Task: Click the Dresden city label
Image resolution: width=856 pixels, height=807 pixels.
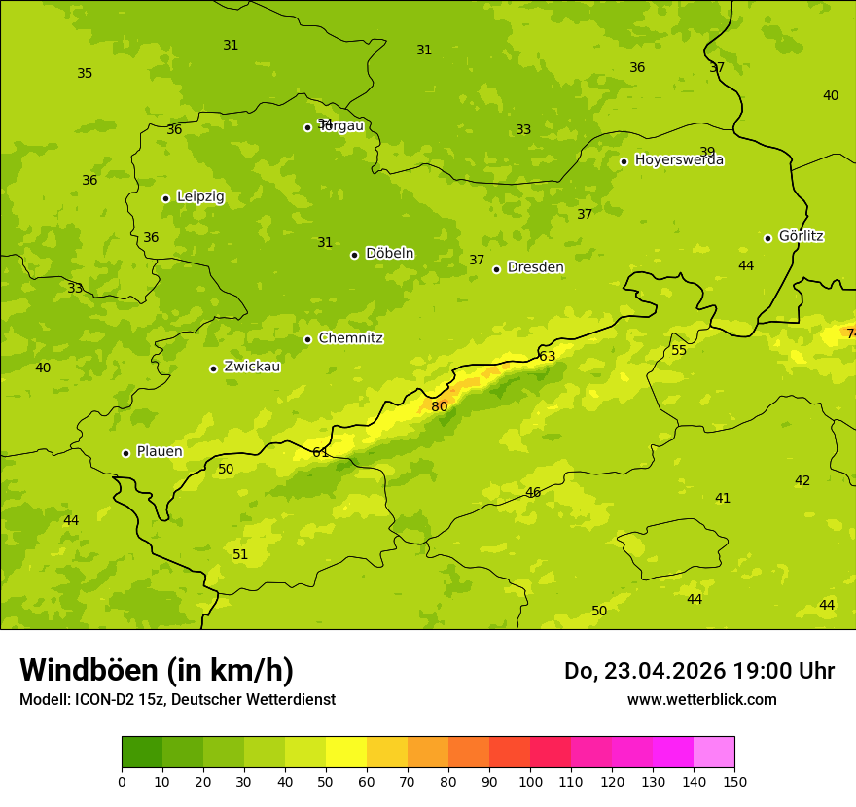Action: [x=535, y=267]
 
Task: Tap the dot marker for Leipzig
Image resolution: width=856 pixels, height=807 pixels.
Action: [x=165, y=198]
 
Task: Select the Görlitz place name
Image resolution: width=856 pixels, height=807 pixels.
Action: [x=801, y=236]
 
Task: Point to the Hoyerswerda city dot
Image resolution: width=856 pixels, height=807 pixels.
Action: [x=624, y=161]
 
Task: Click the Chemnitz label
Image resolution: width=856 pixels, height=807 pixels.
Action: [x=350, y=338]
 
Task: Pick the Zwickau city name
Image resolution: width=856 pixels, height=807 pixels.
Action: [x=252, y=367]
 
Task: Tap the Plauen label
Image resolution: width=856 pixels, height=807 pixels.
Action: [x=159, y=452]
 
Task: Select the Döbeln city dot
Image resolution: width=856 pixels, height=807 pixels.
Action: [x=354, y=255]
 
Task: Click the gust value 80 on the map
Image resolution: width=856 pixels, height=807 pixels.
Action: [x=440, y=406]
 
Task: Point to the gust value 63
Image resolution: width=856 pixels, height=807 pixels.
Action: [x=548, y=357]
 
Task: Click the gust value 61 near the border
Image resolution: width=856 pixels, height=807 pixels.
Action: [x=321, y=452]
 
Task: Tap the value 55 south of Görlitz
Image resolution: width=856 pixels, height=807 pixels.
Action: [x=679, y=350]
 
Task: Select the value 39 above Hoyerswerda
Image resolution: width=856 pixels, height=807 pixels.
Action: [x=707, y=152]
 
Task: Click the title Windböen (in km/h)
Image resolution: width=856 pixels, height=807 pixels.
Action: [x=157, y=670]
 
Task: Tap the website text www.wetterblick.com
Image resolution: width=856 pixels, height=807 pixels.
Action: [x=701, y=699]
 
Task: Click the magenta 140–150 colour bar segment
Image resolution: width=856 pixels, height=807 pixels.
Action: [x=714, y=753]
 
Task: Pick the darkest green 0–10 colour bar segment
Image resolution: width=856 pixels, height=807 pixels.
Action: [x=142, y=753]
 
